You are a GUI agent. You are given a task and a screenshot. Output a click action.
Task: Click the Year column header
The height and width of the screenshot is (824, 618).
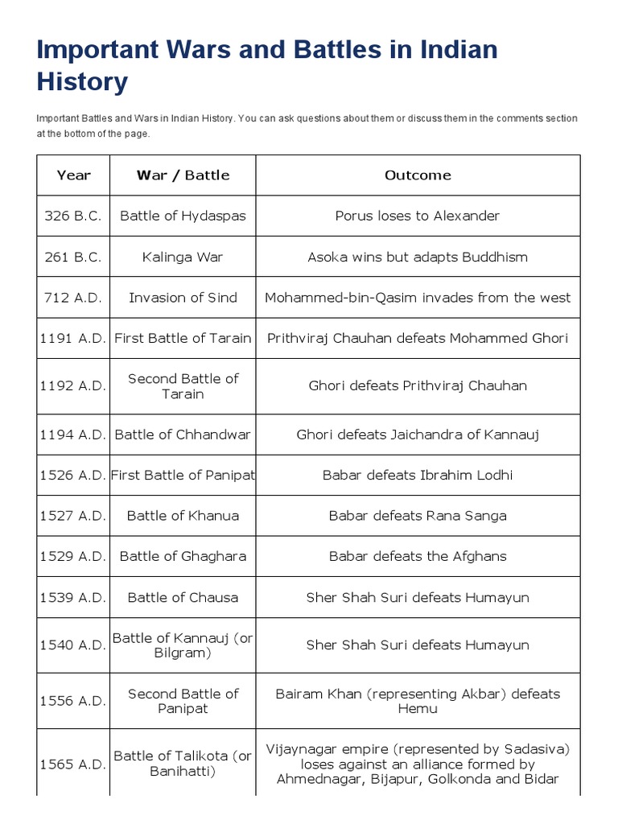click(x=73, y=175)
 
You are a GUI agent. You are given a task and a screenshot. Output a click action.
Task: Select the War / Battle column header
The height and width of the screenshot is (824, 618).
click(x=183, y=175)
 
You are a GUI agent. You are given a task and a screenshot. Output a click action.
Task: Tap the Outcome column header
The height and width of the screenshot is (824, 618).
click(x=418, y=175)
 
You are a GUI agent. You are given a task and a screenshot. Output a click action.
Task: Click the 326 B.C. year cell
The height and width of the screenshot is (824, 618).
click(x=73, y=216)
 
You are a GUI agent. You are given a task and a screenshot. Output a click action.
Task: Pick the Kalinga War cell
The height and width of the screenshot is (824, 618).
click(x=183, y=257)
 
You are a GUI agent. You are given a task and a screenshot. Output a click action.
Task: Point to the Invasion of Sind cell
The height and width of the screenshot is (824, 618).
click(x=183, y=298)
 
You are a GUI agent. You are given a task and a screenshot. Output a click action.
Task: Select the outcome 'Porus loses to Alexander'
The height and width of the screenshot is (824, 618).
click(x=418, y=216)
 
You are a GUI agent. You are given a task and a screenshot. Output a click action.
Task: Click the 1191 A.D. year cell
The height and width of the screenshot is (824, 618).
click(x=73, y=338)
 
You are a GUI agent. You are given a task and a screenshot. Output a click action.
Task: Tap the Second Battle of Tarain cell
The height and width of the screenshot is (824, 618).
click(x=183, y=386)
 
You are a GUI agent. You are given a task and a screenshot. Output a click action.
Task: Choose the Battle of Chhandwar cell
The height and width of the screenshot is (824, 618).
click(x=183, y=435)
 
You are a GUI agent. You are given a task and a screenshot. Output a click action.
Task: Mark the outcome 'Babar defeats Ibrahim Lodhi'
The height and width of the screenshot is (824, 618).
click(x=418, y=475)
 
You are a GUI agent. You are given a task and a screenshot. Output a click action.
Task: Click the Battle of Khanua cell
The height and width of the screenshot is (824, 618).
click(x=183, y=516)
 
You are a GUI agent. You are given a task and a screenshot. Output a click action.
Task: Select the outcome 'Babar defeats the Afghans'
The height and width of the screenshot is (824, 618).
click(x=418, y=556)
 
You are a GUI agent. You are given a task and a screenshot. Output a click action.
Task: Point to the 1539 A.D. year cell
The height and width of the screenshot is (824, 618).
click(x=73, y=597)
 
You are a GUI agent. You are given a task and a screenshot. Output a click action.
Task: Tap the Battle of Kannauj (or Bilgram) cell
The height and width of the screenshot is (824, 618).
click(x=183, y=645)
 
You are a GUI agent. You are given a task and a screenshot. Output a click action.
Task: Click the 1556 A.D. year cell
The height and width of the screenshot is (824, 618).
click(x=73, y=701)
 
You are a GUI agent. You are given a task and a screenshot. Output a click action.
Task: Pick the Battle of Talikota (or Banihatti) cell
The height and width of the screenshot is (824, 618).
click(x=183, y=764)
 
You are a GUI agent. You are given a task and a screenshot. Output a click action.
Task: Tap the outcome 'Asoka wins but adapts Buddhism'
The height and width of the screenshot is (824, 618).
click(x=418, y=257)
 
